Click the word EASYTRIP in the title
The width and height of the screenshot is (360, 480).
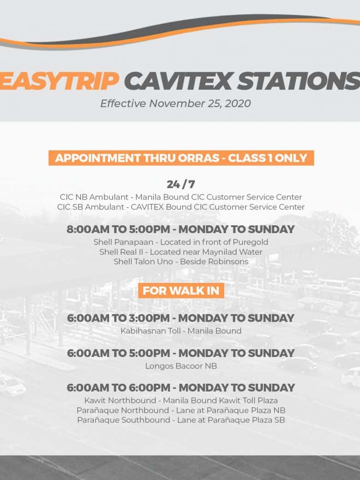click(59, 81)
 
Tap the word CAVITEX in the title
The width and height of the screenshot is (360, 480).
click(178, 81)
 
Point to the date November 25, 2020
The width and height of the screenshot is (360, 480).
click(200, 104)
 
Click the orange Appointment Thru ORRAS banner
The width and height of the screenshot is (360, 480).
click(181, 158)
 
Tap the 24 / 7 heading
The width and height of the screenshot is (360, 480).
click(181, 184)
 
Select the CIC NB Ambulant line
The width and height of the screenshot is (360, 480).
click(181, 197)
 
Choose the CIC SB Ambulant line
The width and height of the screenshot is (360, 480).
click(181, 207)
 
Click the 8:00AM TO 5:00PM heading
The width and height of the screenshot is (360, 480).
click(180, 229)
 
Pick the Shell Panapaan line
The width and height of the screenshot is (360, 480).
click(181, 242)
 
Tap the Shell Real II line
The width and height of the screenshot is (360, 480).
click(181, 252)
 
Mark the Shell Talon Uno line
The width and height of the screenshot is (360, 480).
click(181, 262)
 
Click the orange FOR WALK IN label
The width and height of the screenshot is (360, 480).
click(181, 291)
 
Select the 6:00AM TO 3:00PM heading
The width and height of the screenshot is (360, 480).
click(180, 318)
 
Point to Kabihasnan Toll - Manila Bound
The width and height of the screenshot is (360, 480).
click(181, 331)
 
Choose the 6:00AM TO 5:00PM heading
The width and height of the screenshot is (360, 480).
click(180, 353)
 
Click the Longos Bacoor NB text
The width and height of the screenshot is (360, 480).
click(181, 366)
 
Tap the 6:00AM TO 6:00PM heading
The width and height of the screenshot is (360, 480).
click(180, 388)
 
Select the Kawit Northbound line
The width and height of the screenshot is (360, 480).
click(181, 400)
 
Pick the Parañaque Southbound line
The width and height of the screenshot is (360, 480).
click(181, 420)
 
